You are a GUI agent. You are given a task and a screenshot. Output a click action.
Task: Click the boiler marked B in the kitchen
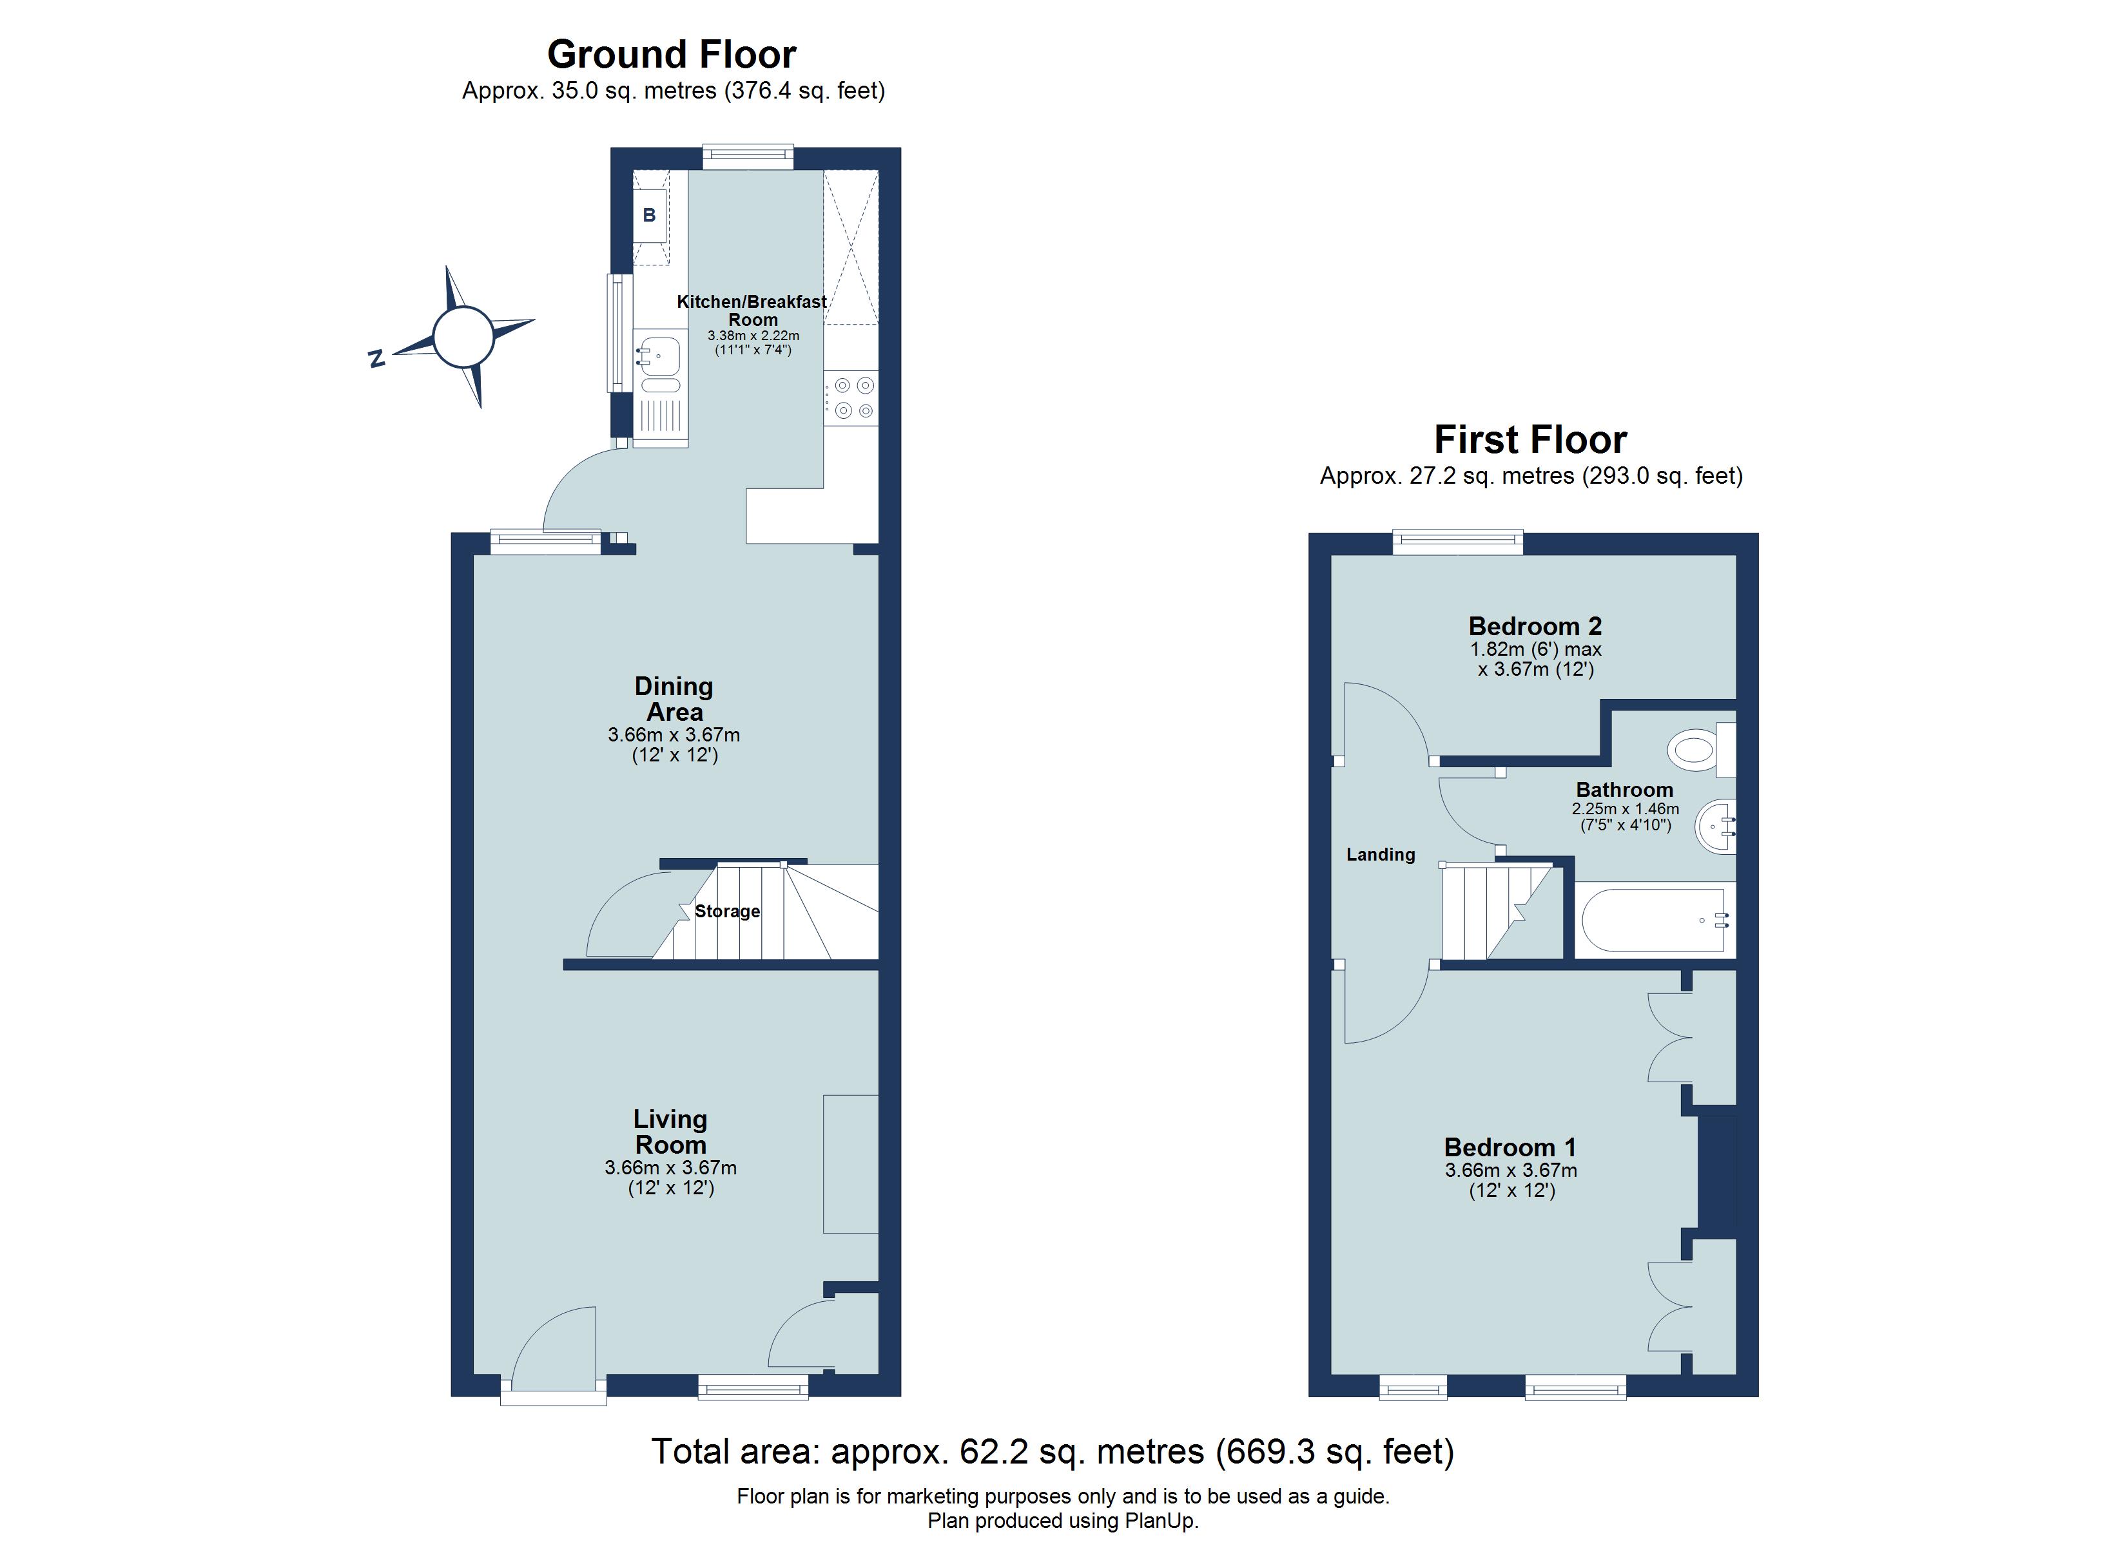649,216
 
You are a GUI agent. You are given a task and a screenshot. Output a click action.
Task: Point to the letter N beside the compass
377,358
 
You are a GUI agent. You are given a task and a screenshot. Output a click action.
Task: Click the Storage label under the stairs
727,911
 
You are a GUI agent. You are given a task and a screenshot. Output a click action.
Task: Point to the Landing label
1381,854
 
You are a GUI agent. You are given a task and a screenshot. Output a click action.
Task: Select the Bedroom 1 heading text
1510,1147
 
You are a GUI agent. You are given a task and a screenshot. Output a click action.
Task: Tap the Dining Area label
674,698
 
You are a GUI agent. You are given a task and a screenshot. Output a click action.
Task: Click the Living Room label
670,1132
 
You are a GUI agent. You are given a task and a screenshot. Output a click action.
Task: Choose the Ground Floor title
672,54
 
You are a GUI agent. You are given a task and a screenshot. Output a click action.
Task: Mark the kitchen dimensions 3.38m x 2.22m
753,336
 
